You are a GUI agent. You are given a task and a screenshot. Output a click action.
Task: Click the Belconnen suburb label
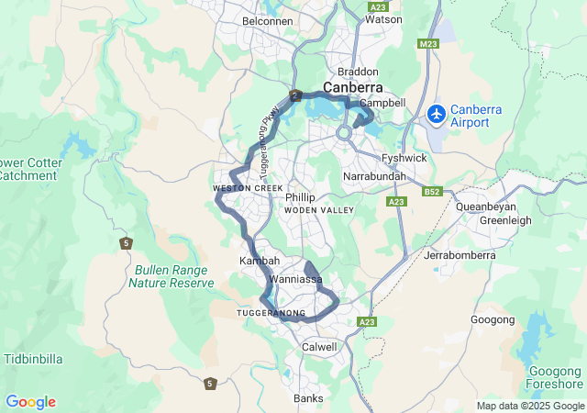(267, 20)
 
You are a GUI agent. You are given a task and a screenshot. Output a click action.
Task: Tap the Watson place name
(382, 18)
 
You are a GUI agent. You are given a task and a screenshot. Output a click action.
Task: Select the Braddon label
(358, 72)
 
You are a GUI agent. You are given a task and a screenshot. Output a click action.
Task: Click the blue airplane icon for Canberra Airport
(436, 116)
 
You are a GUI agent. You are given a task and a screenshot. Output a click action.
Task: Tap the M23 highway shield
(427, 43)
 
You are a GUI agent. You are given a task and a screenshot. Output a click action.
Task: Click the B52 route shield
(433, 192)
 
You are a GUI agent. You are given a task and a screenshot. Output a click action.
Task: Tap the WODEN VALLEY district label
(319, 211)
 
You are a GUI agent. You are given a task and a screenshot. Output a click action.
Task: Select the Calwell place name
(319, 347)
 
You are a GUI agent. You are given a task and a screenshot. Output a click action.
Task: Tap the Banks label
(308, 398)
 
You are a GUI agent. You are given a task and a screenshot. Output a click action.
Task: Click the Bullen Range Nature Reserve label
(174, 276)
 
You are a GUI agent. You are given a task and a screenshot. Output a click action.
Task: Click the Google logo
(30, 402)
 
